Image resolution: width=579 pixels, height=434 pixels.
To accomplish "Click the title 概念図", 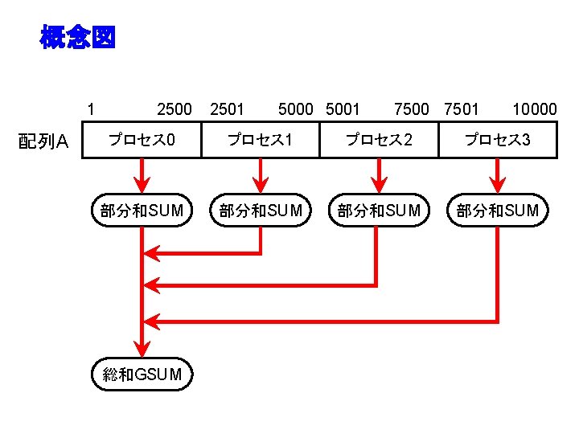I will pos(77,37).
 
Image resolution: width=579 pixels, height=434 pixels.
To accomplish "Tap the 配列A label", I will pos(44,142).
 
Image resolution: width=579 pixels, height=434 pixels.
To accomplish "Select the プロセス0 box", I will pos(142,140).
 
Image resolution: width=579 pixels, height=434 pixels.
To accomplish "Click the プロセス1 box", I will pos(260,140).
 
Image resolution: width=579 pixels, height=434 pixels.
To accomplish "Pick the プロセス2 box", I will pos(378,140).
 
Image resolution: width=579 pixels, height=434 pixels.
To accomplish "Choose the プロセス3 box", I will pos(497,140).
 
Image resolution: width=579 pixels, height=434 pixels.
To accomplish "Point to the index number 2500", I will pos(175,108).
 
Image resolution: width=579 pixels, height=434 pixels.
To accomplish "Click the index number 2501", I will pos(226,108).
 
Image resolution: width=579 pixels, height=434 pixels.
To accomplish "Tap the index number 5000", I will pos(295,108).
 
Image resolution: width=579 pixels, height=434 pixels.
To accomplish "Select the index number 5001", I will pos(343,108).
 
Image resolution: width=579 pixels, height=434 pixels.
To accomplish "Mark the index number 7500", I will pos(412,108).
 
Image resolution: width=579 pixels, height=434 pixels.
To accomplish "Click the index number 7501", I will pos(462,108).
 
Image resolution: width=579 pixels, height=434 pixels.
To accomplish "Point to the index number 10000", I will pos(534,108).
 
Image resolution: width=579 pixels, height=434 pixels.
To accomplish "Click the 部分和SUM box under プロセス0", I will pos(142,211).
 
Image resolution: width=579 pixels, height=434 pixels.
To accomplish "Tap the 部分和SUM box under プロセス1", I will pos(260,211).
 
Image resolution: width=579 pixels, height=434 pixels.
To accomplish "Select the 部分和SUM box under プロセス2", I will pos(378,211).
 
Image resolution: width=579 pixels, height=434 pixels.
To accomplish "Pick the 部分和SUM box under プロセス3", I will pos(497,211).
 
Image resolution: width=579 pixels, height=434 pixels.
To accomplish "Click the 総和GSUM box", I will pos(142,374).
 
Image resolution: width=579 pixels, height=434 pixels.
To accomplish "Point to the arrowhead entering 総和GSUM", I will pos(142,347).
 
